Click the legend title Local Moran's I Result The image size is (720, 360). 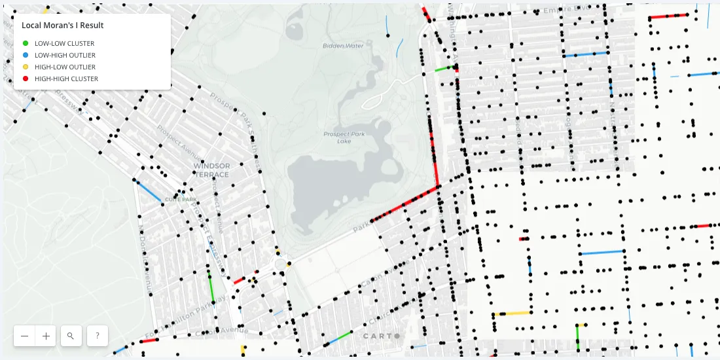pos(63,26)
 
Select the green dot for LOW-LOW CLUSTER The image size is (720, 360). pos(25,43)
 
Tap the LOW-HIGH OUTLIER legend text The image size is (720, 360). pos(65,55)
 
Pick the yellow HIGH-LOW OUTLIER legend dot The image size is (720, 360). pos(25,67)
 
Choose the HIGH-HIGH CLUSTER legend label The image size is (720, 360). pos(66,79)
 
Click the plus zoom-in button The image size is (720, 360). pos(46,336)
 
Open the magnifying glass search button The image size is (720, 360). pos(70,336)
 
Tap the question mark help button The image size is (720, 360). pos(97,336)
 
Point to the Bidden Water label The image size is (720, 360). pos(343,46)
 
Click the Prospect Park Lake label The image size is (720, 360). pos(344,137)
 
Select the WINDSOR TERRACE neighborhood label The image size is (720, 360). pos(211,170)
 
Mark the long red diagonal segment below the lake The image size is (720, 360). pos(404,204)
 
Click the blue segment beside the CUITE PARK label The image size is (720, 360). pos(149,192)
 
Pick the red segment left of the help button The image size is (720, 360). pos(149,341)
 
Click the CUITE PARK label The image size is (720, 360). pos(181,200)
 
